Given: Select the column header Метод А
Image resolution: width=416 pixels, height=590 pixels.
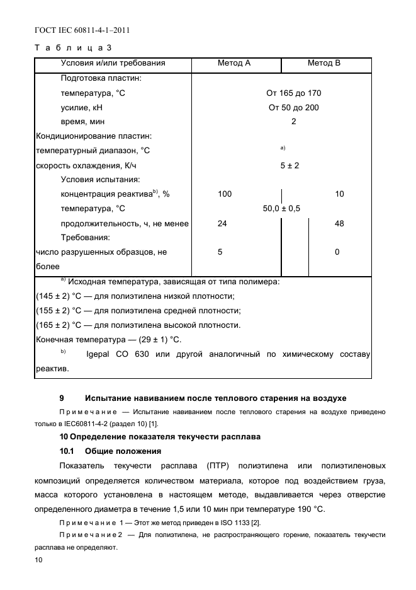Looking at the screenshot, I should tap(234, 63).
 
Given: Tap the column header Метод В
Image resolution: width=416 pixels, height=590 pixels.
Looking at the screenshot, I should tap(324, 63).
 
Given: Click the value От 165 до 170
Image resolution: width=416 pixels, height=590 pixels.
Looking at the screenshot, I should tap(293, 93).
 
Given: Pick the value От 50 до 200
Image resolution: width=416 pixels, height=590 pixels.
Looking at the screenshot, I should tap(293, 108).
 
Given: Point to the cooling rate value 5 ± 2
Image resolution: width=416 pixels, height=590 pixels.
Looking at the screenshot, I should tap(290, 166).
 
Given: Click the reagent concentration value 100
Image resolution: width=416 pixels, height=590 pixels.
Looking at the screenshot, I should tap(225, 194).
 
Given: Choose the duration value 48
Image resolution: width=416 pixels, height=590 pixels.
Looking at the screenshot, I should tap(339, 223).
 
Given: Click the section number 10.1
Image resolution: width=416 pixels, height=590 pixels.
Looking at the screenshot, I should tap(67, 451).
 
